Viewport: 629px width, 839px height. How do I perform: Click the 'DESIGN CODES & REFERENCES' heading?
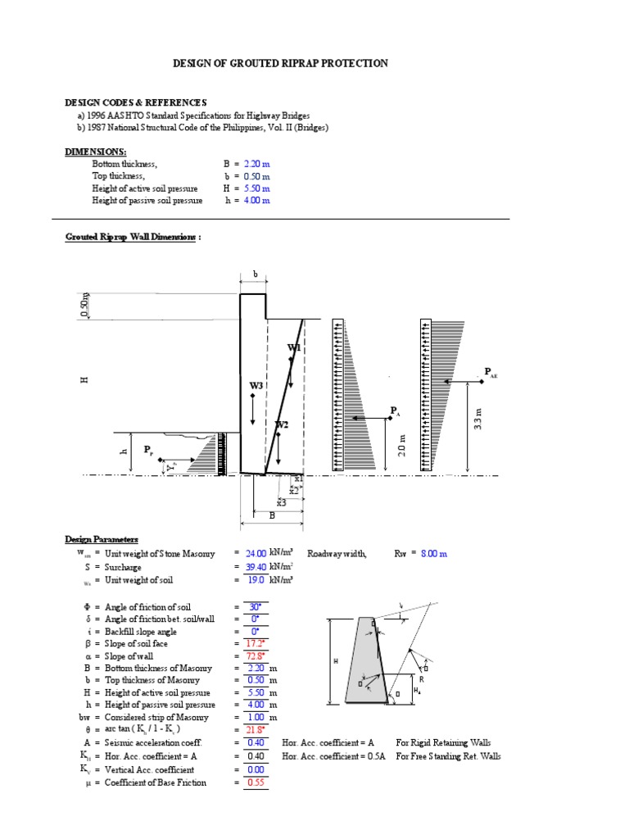[136, 102]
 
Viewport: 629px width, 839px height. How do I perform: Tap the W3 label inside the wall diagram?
[256, 385]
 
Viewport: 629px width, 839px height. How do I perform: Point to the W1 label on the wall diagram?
[294, 348]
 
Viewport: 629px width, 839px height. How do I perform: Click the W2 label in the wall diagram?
[282, 424]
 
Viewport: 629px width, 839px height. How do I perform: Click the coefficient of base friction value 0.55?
[256, 782]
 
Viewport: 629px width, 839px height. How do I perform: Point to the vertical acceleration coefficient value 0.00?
[256, 770]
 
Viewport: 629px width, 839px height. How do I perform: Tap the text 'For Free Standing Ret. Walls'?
[448, 756]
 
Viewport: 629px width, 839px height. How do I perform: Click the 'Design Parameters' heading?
[102, 538]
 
